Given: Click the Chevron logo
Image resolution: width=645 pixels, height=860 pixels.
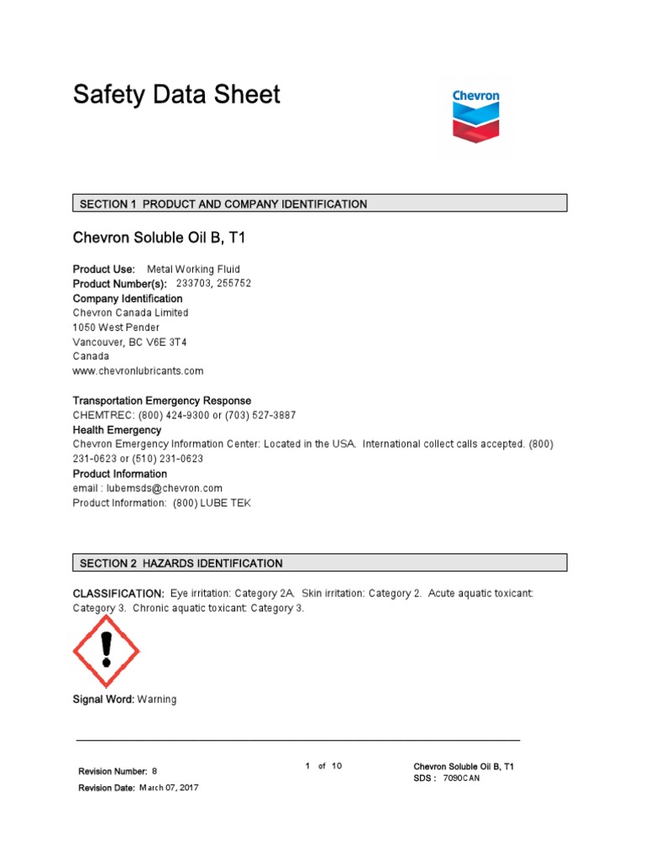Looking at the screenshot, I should pos(475,116).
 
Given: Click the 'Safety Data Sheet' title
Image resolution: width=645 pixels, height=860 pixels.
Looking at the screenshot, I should pos(176,94).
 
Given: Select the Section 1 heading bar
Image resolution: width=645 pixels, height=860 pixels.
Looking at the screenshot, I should pos(320,203).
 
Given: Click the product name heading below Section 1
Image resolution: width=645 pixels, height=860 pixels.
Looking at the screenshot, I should pos(160,239).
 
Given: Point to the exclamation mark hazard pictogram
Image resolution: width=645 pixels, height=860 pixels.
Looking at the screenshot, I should pos(106,651).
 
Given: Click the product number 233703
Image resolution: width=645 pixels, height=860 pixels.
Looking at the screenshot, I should pos(193,284).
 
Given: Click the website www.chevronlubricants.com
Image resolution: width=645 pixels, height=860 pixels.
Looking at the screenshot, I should pos(139,370).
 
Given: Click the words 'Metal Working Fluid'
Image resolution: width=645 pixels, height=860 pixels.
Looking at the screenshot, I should pos(193,270).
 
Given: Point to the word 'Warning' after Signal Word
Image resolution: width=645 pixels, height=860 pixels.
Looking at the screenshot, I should pos(157,700).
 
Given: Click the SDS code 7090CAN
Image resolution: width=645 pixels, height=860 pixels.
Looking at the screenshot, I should pos(461,779).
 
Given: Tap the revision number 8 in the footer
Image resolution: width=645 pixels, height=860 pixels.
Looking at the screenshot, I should pos(155,771).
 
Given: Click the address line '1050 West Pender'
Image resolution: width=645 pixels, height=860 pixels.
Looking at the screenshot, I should pos(116,327).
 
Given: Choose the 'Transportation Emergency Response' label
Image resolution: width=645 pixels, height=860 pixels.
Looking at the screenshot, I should pos(162,401).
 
